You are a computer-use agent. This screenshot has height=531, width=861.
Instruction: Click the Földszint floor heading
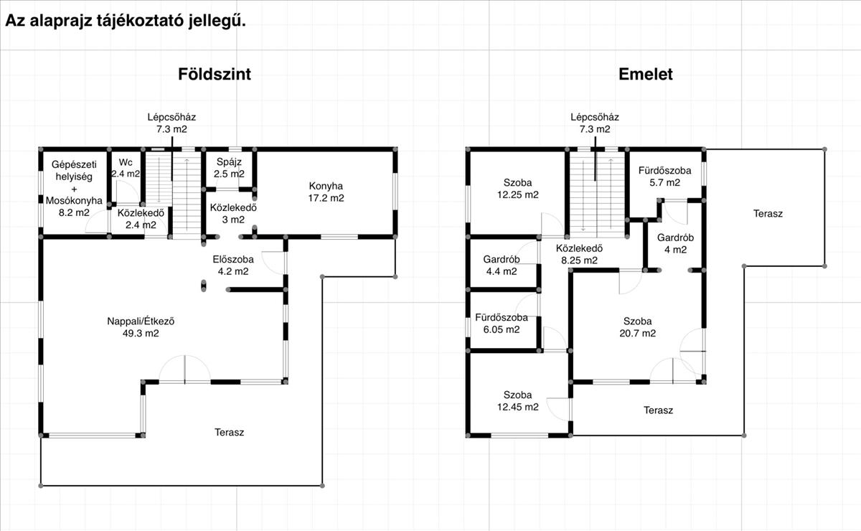click(215, 74)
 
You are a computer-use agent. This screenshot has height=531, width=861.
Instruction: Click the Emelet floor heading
click(645, 74)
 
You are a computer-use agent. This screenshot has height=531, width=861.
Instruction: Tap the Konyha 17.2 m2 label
click(326, 192)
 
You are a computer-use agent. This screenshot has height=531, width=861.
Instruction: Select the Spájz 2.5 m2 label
click(229, 168)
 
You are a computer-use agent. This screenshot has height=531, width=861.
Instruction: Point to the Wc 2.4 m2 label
click(126, 168)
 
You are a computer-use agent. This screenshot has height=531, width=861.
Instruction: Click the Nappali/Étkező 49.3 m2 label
click(141, 326)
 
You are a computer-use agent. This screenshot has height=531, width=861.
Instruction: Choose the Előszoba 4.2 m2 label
click(233, 265)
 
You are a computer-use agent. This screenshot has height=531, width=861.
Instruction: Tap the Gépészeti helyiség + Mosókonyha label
click(74, 189)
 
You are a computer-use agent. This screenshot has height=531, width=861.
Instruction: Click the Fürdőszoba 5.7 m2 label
click(664, 176)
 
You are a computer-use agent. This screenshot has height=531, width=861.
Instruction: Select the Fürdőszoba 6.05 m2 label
click(502, 324)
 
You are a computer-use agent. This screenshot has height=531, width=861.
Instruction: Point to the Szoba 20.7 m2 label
click(637, 326)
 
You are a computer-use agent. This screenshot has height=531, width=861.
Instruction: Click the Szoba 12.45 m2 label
click(518, 400)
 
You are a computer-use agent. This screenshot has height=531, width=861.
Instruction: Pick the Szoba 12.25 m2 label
click(518, 189)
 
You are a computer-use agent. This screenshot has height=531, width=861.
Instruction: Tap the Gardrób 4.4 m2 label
click(502, 265)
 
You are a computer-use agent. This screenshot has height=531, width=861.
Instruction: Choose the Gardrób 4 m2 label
click(675, 243)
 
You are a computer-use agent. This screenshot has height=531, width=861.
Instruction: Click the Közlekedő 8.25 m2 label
click(579, 254)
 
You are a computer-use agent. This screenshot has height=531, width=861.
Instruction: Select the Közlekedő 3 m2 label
click(233, 213)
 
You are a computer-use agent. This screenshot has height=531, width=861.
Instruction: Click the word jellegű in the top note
click(217, 21)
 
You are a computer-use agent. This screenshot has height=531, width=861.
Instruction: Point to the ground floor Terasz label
click(229, 432)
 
